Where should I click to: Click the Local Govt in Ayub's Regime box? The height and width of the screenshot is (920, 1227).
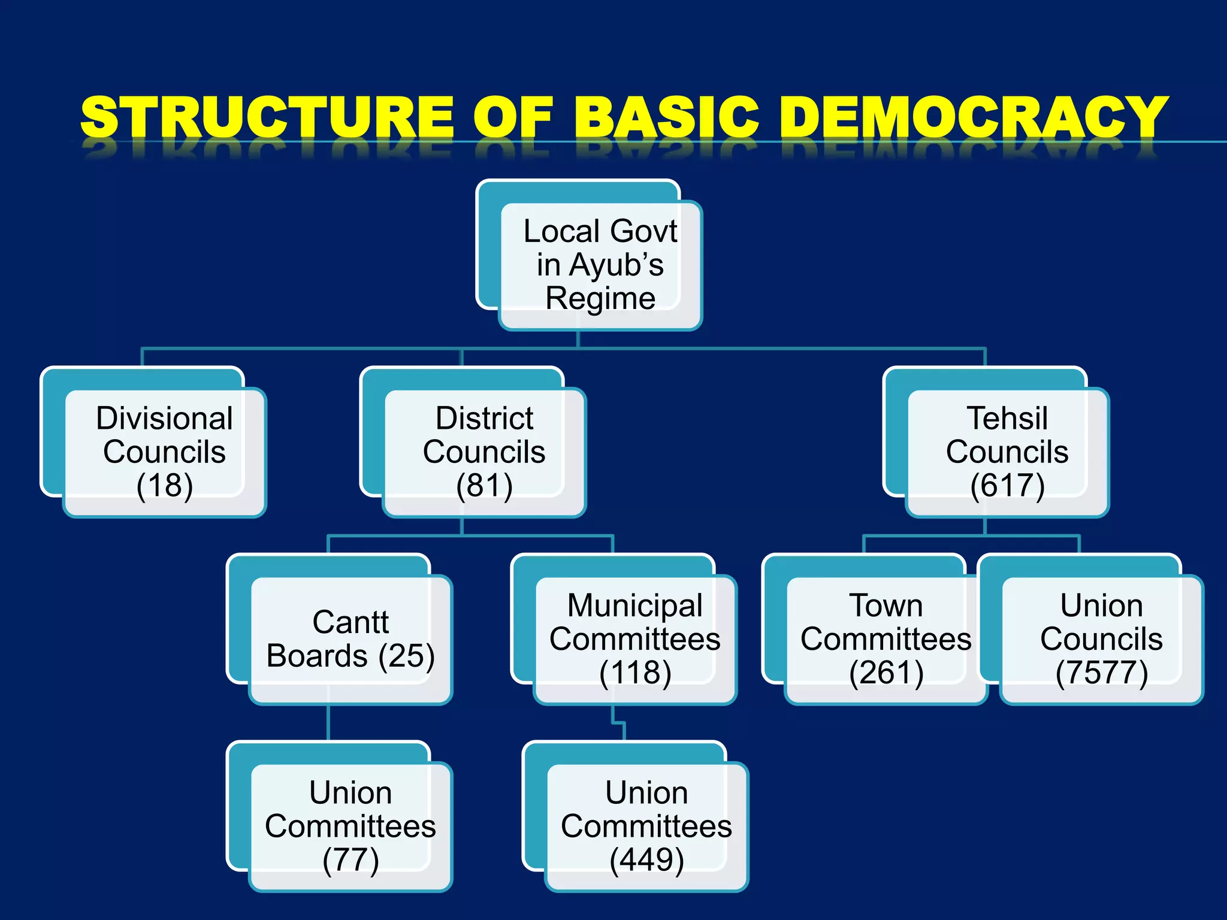tap(600, 265)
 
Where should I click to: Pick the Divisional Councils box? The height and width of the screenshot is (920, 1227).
tap(164, 452)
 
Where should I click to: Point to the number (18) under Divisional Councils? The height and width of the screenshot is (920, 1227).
tap(165, 486)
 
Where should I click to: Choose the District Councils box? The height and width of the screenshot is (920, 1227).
tap(484, 452)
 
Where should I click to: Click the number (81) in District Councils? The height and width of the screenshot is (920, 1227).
tap(484, 486)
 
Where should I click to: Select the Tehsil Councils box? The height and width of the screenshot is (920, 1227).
tap(1007, 452)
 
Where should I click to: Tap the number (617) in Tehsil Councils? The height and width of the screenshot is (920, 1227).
tap(1007, 486)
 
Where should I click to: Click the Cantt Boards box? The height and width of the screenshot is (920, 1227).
tap(350, 638)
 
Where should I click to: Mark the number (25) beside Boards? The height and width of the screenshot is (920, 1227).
tap(406, 656)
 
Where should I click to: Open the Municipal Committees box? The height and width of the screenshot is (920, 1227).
tap(635, 638)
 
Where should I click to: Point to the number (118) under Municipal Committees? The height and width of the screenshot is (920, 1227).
tap(635, 673)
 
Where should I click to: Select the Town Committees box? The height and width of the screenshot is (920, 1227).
tap(886, 638)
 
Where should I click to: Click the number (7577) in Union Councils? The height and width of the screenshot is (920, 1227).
tap(1101, 673)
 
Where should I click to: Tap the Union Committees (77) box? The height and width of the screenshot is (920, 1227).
tap(350, 826)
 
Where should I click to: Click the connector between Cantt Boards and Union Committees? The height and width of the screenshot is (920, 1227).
tap(328, 723)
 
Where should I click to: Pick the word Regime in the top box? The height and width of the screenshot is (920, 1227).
tap(600, 298)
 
